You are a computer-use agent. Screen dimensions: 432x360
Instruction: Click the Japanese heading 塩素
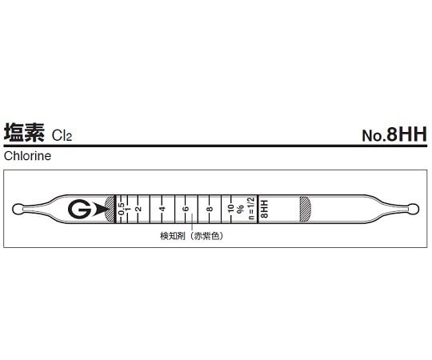(x=24, y=133)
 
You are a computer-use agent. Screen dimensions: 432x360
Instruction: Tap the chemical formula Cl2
(x=62, y=136)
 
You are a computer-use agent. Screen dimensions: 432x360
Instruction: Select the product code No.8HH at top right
(x=394, y=134)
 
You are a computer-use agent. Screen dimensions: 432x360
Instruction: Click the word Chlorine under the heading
(x=27, y=156)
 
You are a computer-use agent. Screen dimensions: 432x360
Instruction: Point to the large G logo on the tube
(x=80, y=209)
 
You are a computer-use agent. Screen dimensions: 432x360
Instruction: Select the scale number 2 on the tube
(x=139, y=209)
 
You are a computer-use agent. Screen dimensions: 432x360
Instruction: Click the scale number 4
(x=162, y=209)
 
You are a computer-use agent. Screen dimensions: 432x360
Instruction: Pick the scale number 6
(x=186, y=209)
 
